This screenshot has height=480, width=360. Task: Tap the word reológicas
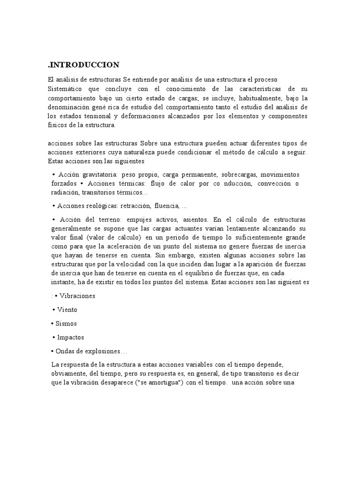coord(101,206)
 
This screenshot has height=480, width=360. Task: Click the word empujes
coord(141,219)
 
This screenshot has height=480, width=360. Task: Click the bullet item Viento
coord(67,310)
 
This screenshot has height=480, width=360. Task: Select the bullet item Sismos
coord(65,323)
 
